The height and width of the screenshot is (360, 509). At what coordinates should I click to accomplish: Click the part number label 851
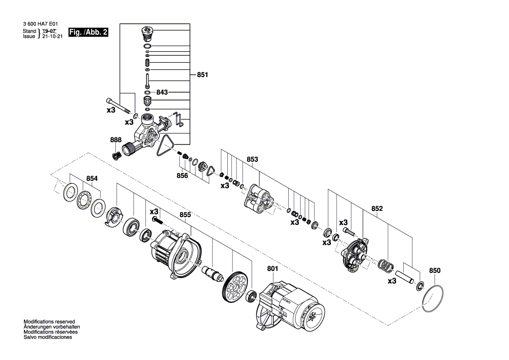click(202, 75)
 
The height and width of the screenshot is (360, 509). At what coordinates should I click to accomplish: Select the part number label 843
click(162, 92)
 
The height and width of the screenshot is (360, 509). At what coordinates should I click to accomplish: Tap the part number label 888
click(116, 140)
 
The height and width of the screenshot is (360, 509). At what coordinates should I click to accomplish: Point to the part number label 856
click(182, 176)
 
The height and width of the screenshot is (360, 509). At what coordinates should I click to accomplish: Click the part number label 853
click(253, 160)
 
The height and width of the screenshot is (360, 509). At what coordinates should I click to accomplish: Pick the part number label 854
click(92, 178)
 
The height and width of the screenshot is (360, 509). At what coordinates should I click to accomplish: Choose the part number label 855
click(185, 215)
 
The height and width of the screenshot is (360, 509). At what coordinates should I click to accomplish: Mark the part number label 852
click(377, 209)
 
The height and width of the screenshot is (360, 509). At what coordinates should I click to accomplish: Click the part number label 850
click(435, 271)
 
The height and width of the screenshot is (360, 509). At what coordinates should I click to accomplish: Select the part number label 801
click(272, 269)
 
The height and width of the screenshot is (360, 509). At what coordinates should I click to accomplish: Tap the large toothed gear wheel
click(233, 287)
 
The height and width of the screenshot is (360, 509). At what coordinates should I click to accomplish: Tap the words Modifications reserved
click(49, 321)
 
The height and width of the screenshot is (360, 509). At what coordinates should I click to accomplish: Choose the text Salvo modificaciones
click(48, 337)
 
